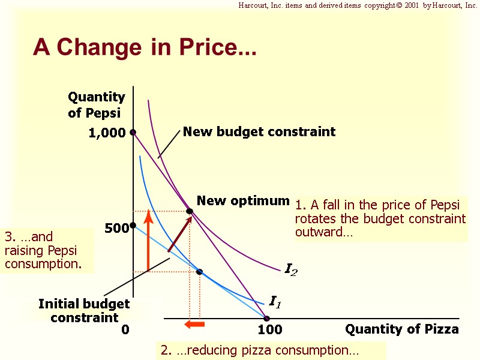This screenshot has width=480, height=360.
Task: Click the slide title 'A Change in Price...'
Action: [145, 47]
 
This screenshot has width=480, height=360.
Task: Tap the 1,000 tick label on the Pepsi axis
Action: [107, 133]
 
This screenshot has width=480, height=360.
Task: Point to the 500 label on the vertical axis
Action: [116, 229]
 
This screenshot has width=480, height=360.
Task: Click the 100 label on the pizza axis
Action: [269, 329]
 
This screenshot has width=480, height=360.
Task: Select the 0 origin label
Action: [125, 329]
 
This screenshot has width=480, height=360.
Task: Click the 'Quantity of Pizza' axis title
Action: [401, 329]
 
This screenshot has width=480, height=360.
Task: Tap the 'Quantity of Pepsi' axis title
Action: [96, 104]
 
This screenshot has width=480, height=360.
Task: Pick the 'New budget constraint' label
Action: [259, 131]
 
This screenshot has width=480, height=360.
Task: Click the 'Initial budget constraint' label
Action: [84, 310]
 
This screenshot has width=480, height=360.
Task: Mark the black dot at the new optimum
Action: [190, 211]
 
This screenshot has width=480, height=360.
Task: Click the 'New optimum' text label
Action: [243, 200]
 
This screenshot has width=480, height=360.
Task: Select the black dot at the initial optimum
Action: [200, 272]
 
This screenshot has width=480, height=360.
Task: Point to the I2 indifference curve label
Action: [290, 271]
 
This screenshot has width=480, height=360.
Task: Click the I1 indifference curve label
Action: [275, 302]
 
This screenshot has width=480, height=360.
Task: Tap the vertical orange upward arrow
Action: [148, 240]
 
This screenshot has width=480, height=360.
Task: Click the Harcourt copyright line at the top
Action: [358, 5]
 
